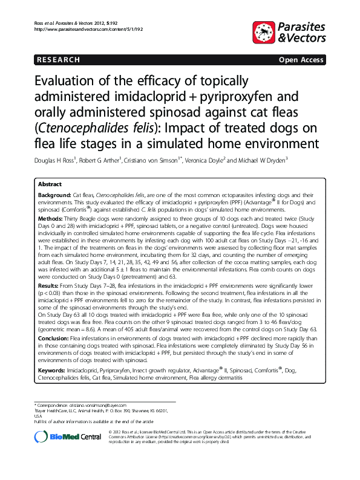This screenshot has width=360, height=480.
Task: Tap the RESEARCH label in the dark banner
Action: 57,60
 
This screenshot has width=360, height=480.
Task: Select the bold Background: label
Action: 54,196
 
